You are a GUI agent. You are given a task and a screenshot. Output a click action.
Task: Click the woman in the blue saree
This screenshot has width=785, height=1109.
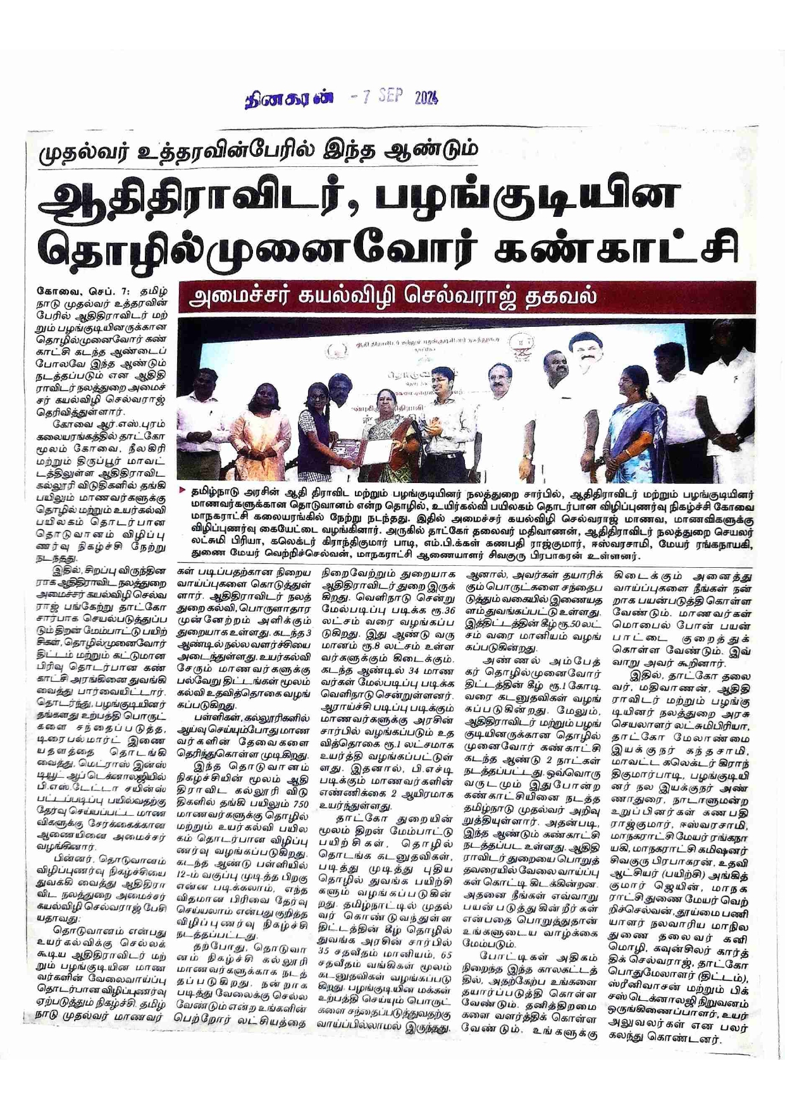coord(633,417)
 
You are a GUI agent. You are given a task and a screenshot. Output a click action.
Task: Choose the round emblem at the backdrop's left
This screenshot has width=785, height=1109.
coord(335,352)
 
